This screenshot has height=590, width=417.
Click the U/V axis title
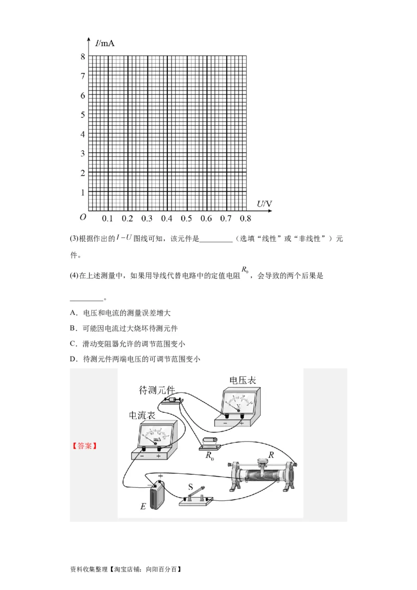(264, 203)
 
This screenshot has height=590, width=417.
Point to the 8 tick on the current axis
(82, 57)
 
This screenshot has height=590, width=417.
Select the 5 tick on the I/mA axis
(82, 115)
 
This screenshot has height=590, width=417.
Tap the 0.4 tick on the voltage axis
(167, 218)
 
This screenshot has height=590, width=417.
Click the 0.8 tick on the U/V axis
(246, 218)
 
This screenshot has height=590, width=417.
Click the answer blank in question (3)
(216, 239)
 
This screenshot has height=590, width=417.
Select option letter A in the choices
(72, 313)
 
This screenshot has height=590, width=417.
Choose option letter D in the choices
(72, 359)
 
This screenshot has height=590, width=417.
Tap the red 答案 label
(84, 446)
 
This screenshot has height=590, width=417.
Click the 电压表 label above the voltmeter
(243, 380)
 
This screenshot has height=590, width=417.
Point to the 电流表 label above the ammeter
(142, 415)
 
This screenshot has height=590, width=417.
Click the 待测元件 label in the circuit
(156, 390)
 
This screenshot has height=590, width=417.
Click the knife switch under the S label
(196, 498)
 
